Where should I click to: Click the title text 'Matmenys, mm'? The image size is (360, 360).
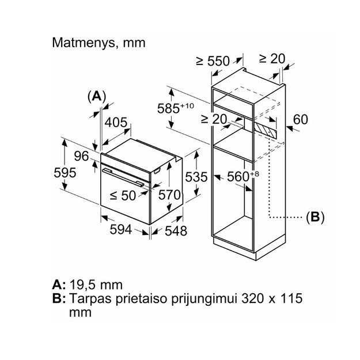point(98,43)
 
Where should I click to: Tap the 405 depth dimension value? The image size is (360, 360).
point(116,122)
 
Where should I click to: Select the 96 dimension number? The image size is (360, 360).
point(81,156)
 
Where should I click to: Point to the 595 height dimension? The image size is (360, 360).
point(65,173)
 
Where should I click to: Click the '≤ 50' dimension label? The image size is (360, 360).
point(123,196)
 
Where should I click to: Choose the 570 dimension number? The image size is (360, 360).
point(169,195)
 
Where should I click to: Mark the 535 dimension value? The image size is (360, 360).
point(196,177)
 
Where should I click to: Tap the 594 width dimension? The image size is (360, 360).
point(121,229)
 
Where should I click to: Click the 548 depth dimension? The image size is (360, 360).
point(176,231)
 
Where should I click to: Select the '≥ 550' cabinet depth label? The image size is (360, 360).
point(213,61)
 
